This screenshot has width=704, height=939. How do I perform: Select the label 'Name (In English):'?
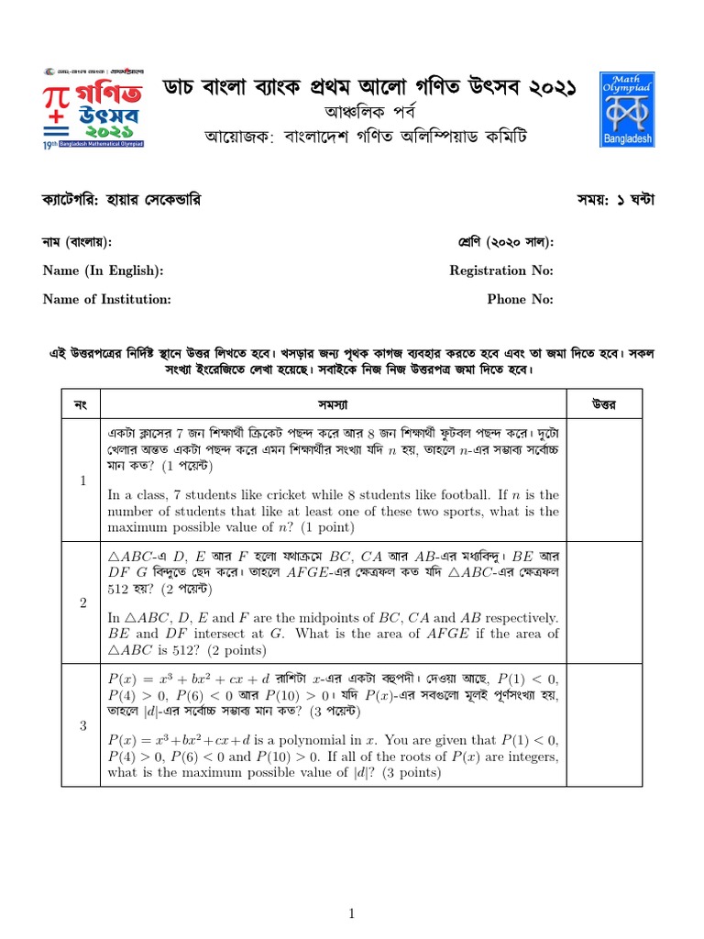104,271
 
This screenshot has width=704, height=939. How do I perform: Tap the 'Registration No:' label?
501,271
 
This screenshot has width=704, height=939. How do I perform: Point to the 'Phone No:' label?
520,299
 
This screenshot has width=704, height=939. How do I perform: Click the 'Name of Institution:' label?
107,299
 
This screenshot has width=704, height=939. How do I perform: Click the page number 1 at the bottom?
351,912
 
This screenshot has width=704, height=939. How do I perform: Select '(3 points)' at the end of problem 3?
409,773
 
